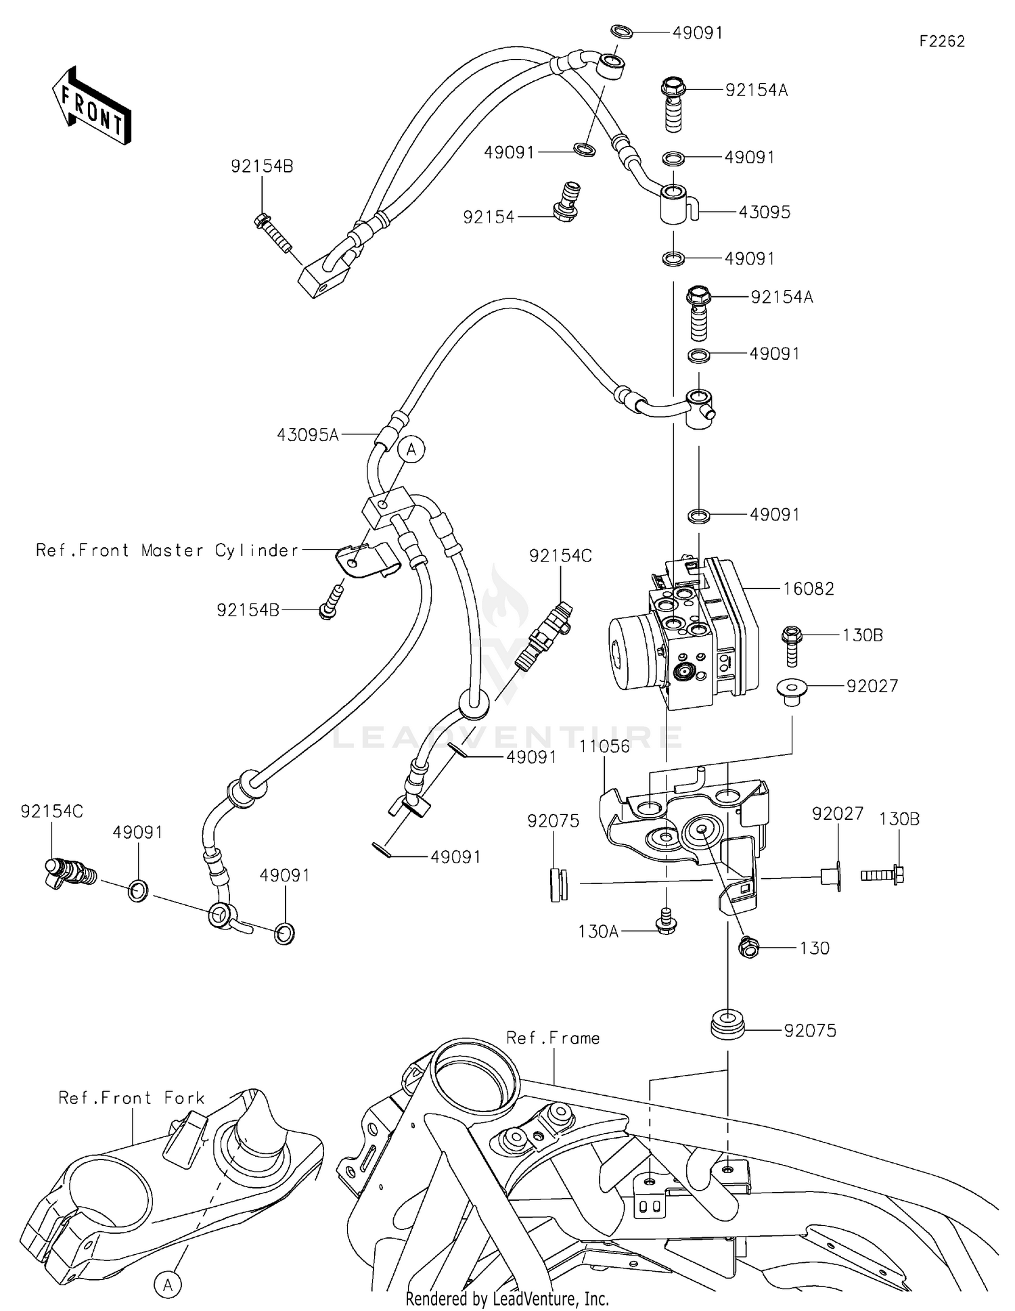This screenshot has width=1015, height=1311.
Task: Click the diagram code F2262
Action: point(941,41)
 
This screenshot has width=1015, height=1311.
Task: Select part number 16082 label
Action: point(808,589)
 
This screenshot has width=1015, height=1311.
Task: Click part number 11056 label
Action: point(604,746)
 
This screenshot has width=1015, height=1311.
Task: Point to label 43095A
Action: point(307,435)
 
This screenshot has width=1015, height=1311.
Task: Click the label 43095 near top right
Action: point(764,212)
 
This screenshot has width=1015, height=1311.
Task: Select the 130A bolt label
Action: point(598,931)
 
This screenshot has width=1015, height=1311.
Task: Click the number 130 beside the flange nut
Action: point(814,948)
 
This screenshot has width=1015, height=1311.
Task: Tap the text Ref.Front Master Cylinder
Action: point(167,551)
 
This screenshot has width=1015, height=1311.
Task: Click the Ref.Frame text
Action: point(553,1038)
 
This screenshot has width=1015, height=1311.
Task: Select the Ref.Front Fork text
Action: point(131,1097)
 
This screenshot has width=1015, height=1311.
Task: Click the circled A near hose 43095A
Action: point(411,449)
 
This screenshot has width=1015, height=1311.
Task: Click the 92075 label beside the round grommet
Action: point(810,1031)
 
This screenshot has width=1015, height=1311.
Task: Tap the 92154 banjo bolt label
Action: point(489,217)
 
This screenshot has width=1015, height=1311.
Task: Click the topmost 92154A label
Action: point(757,90)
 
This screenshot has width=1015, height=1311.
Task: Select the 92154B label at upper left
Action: point(262,166)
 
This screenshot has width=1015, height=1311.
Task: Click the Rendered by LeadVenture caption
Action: point(507,1298)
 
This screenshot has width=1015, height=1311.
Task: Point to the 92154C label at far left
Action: point(51,811)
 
